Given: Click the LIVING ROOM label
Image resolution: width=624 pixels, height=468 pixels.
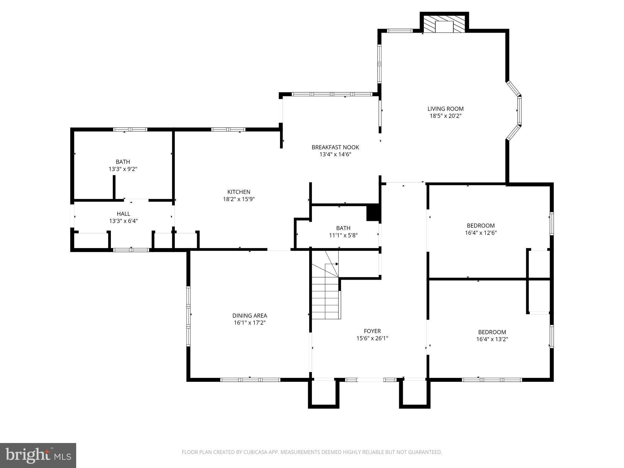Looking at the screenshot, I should point(445,109).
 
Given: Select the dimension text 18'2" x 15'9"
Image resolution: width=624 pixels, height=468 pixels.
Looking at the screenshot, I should point(239,199).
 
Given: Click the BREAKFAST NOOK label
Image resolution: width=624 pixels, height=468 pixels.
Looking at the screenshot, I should point(335,147).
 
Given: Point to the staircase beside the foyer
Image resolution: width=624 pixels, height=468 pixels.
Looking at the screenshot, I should point(325,292).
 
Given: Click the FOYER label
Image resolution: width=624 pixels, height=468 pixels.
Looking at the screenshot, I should point(372,331).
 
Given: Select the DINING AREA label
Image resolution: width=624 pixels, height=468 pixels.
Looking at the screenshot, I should point(250,316).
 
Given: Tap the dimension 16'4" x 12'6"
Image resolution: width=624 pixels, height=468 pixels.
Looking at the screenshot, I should point(481,233).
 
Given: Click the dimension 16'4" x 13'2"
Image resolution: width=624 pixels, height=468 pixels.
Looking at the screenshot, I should point(492,339).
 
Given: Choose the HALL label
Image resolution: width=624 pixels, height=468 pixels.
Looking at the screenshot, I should point(123,214).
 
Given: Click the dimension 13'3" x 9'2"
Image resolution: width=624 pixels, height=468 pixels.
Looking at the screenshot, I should point(123,169).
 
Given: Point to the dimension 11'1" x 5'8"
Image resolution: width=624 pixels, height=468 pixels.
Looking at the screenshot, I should point(343,235).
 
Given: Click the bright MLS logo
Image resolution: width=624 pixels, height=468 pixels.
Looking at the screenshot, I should point(38,455).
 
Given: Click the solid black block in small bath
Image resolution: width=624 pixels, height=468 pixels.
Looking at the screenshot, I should point(373,213).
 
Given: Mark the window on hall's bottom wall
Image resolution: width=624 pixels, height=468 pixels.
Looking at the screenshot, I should point(131,250).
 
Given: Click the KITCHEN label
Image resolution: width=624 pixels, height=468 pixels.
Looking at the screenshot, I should point(239,192).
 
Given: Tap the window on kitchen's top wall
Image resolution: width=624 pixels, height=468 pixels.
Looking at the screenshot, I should point(228,129).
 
